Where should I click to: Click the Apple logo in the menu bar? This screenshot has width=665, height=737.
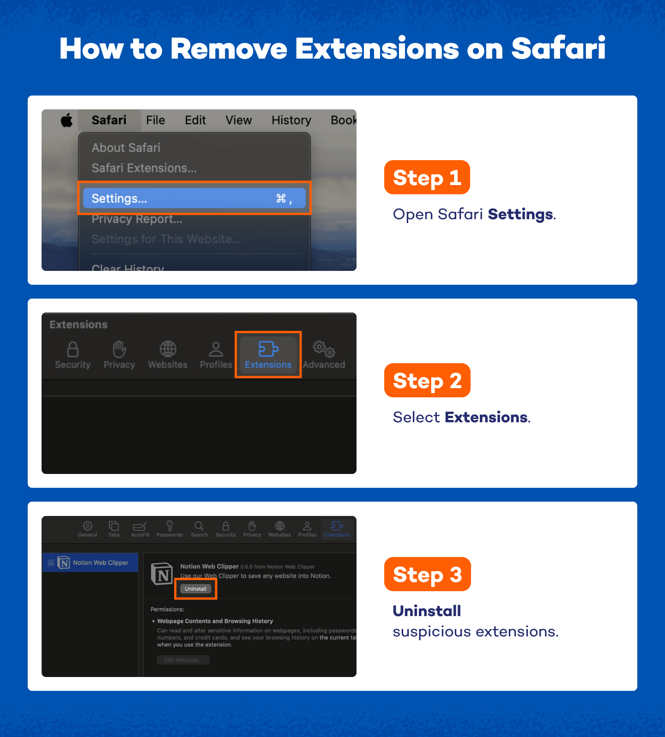(67, 120)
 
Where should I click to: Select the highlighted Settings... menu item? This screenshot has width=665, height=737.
(194, 198)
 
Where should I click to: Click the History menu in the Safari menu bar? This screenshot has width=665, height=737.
(291, 120)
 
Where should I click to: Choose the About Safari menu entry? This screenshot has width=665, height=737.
(126, 148)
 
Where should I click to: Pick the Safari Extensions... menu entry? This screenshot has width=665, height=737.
(144, 168)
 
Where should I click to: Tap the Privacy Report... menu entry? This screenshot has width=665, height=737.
(137, 219)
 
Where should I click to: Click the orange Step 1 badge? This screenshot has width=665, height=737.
(427, 178)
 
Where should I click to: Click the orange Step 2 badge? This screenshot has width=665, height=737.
(427, 381)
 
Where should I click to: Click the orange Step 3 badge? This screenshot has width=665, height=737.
(427, 575)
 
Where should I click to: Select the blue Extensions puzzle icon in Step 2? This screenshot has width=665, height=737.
(268, 349)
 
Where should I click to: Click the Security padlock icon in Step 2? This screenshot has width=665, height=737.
(73, 349)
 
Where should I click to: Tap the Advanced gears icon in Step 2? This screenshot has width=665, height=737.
(324, 349)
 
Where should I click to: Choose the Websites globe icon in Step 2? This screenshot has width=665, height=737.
(168, 349)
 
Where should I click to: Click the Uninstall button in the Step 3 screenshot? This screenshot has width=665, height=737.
(195, 589)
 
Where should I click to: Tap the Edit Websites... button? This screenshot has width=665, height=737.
(183, 660)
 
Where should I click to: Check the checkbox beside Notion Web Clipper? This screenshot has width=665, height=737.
(51, 563)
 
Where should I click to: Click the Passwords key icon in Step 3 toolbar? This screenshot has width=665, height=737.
(169, 526)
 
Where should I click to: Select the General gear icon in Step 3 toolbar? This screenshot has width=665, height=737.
(87, 526)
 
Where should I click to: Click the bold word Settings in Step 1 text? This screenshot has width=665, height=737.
(520, 214)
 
